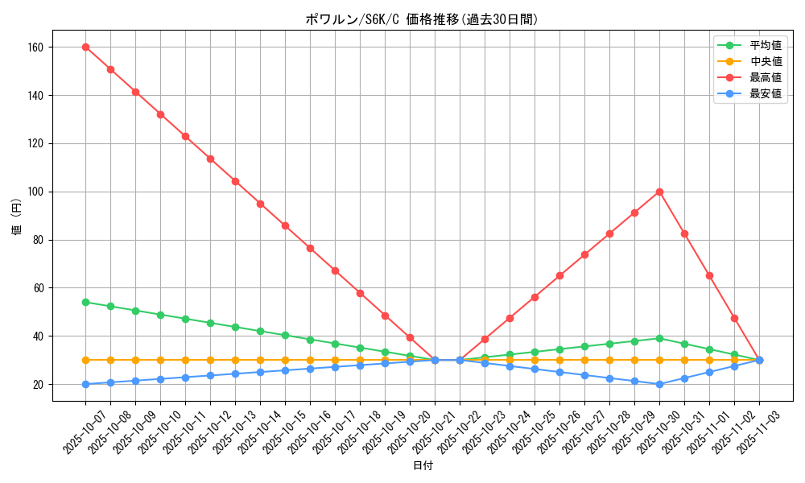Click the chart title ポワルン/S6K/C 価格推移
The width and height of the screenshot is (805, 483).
point(422,19)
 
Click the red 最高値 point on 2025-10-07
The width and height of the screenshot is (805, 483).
point(85,47)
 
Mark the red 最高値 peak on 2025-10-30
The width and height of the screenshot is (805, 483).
point(659,192)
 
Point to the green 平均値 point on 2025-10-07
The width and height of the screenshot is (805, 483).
point(85,302)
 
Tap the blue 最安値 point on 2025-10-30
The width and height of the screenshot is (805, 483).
point(659,384)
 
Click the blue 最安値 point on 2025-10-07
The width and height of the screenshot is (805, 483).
point(85,384)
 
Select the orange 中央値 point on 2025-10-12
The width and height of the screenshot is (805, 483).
point(210,360)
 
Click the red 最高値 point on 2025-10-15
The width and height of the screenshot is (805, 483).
point(285,225)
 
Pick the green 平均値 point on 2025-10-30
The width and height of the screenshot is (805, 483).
point(659,338)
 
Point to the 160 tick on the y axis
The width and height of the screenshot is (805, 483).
point(36,47)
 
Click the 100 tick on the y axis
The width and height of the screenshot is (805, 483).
point(36,192)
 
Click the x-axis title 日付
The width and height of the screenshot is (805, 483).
point(422,466)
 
